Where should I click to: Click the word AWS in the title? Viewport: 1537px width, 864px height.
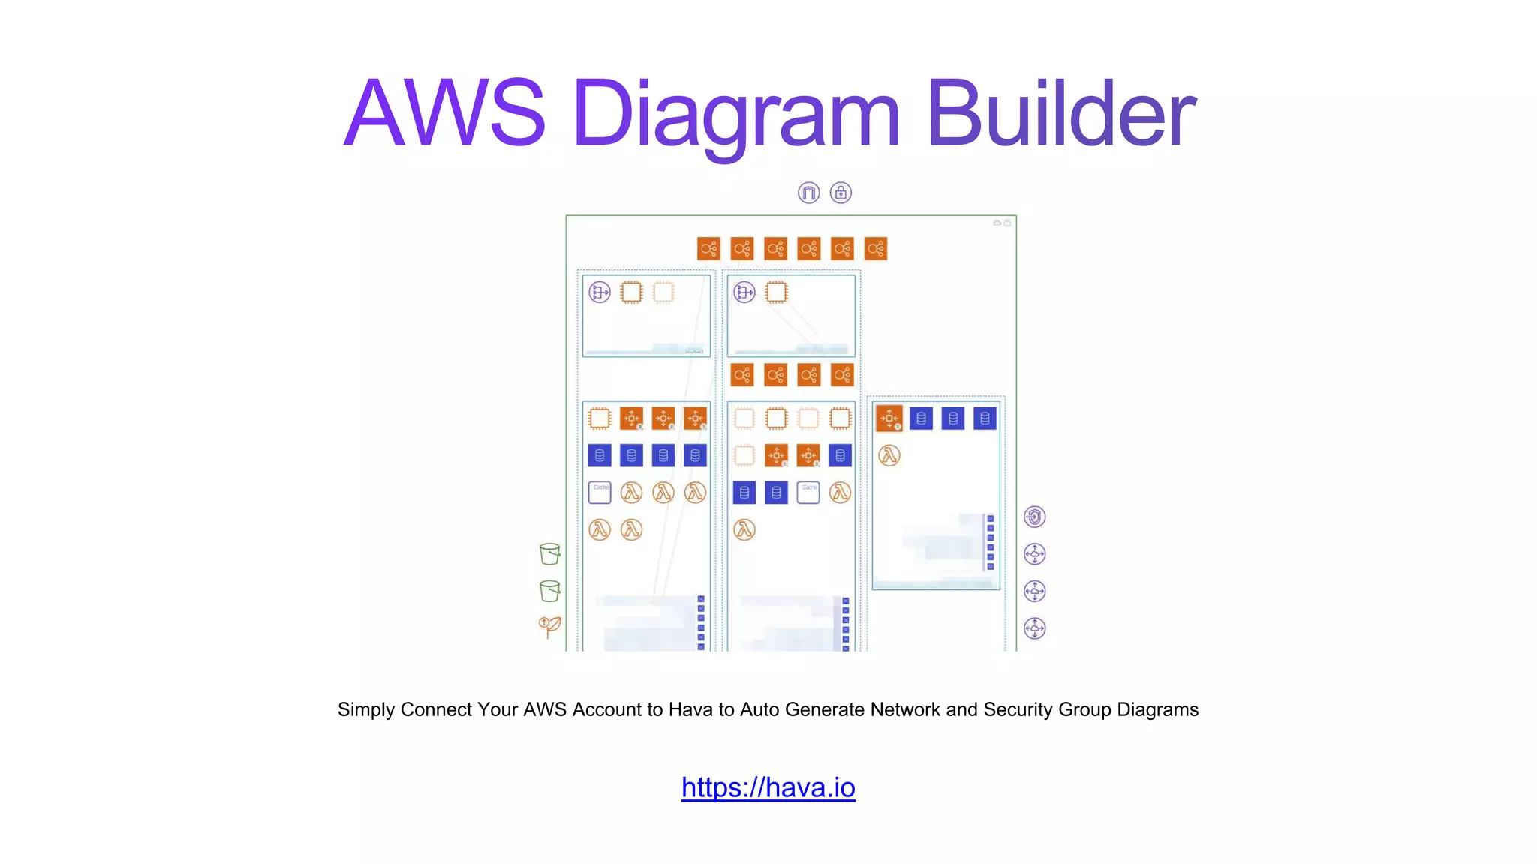click(444, 114)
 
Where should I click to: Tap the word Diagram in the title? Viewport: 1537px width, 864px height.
click(735, 114)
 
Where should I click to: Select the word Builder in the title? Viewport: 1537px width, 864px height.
click(1060, 114)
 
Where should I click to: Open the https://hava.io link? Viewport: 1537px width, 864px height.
click(768, 787)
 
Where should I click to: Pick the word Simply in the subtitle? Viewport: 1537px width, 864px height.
click(366, 709)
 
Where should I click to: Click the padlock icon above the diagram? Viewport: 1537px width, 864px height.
click(841, 193)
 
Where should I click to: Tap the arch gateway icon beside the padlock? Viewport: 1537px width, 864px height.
click(808, 193)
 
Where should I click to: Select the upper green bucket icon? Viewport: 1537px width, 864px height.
click(549, 553)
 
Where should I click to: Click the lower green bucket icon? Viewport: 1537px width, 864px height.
click(549, 591)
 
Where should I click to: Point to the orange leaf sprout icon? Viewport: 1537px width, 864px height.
click(549, 626)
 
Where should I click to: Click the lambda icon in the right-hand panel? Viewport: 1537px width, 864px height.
click(889, 455)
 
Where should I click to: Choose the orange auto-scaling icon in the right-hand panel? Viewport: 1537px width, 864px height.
click(889, 418)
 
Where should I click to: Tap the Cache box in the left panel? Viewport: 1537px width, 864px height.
click(600, 492)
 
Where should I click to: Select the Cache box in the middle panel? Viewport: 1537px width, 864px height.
click(808, 492)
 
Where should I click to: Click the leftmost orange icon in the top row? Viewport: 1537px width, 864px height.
click(708, 248)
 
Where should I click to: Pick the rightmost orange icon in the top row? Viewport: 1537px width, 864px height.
click(876, 248)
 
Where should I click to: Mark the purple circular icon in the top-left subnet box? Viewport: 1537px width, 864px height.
click(600, 292)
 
